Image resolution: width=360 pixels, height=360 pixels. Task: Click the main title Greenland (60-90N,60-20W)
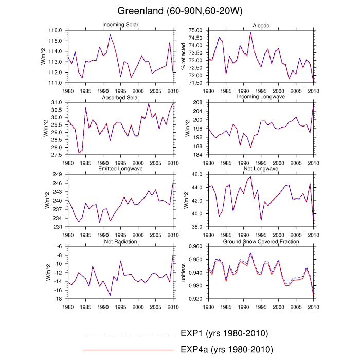pos(179,11)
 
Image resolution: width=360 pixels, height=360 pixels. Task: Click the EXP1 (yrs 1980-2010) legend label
pos(225,333)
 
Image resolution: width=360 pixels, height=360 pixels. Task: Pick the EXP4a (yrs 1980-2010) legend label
pos(226,350)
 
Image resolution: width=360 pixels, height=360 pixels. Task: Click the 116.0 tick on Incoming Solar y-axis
pos(56,31)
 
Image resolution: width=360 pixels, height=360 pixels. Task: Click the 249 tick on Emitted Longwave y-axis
pos(58,175)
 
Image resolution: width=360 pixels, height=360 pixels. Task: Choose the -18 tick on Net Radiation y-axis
pos(59,299)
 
